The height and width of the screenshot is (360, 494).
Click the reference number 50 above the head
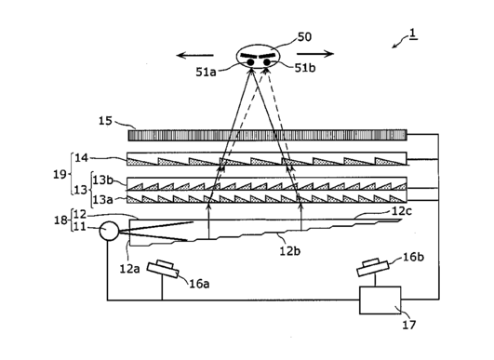[304, 37]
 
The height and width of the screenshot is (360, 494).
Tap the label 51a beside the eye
[206, 73]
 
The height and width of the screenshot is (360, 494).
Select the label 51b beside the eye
[305, 68]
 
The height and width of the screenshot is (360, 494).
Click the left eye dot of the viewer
[250, 62]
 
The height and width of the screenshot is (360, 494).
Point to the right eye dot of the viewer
[267, 62]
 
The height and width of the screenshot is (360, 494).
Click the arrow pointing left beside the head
[195, 56]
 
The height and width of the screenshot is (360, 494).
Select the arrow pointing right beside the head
[315, 54]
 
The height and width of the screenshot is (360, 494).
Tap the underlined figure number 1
[413, 34]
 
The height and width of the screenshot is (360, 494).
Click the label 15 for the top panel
[105, 121]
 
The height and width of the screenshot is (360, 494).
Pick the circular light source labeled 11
[109, 231]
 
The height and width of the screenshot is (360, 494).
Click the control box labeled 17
[381, 300]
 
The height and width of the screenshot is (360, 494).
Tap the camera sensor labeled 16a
[163, 269]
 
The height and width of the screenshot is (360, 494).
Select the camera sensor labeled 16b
[373, 267]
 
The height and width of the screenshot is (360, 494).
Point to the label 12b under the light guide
[290, 251]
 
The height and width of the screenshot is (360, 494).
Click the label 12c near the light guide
[401, 211]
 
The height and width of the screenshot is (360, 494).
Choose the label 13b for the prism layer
[102, 180]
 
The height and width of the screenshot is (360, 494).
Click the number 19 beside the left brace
[60, 174]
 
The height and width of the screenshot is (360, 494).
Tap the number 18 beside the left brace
[60, 220]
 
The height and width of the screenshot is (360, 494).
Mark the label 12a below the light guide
[129, 269]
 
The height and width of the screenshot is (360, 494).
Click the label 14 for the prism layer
[81, 157]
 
